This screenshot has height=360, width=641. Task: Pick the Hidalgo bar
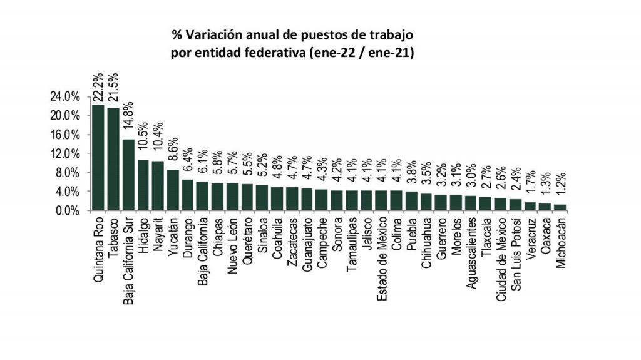click(143, 185)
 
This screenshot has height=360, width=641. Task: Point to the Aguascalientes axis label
click(471, 252)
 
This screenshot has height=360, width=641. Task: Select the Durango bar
click(188, 195)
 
